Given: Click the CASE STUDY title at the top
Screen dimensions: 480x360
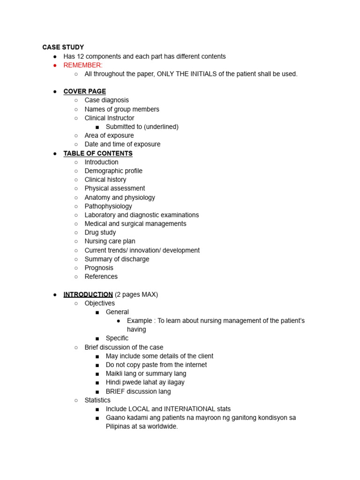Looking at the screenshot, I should coord(63,47).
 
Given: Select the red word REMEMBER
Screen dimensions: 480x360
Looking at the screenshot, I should coord(82,65).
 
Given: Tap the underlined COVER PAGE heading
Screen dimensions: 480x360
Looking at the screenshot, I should coord(85,91).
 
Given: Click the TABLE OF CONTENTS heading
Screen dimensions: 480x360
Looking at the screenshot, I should coord(98,153).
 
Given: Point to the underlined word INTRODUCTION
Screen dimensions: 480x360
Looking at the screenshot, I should coord(88,294).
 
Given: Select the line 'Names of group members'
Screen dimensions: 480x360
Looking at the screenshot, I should coord(122,109).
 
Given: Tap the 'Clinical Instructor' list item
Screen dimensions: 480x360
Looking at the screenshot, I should coord(109,118).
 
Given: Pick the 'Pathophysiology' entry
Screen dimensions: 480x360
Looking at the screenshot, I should coord(108,206).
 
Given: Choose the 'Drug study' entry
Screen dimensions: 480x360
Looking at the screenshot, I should coord(100,232).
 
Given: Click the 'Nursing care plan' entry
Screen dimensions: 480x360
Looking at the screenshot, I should coord(110,241).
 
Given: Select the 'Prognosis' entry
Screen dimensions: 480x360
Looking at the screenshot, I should coord(99,268).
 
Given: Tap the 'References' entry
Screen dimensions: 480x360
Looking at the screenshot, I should coord(101,277).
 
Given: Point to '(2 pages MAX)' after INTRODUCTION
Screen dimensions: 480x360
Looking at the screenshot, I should coord(136,294).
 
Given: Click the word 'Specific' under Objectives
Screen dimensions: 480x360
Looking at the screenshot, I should coord(117,338).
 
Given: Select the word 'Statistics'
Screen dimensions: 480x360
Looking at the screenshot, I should coord(97,400).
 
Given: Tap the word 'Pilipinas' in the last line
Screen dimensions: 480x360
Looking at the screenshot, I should coord(119,427).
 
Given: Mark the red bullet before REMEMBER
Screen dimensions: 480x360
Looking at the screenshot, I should coord(55,65).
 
